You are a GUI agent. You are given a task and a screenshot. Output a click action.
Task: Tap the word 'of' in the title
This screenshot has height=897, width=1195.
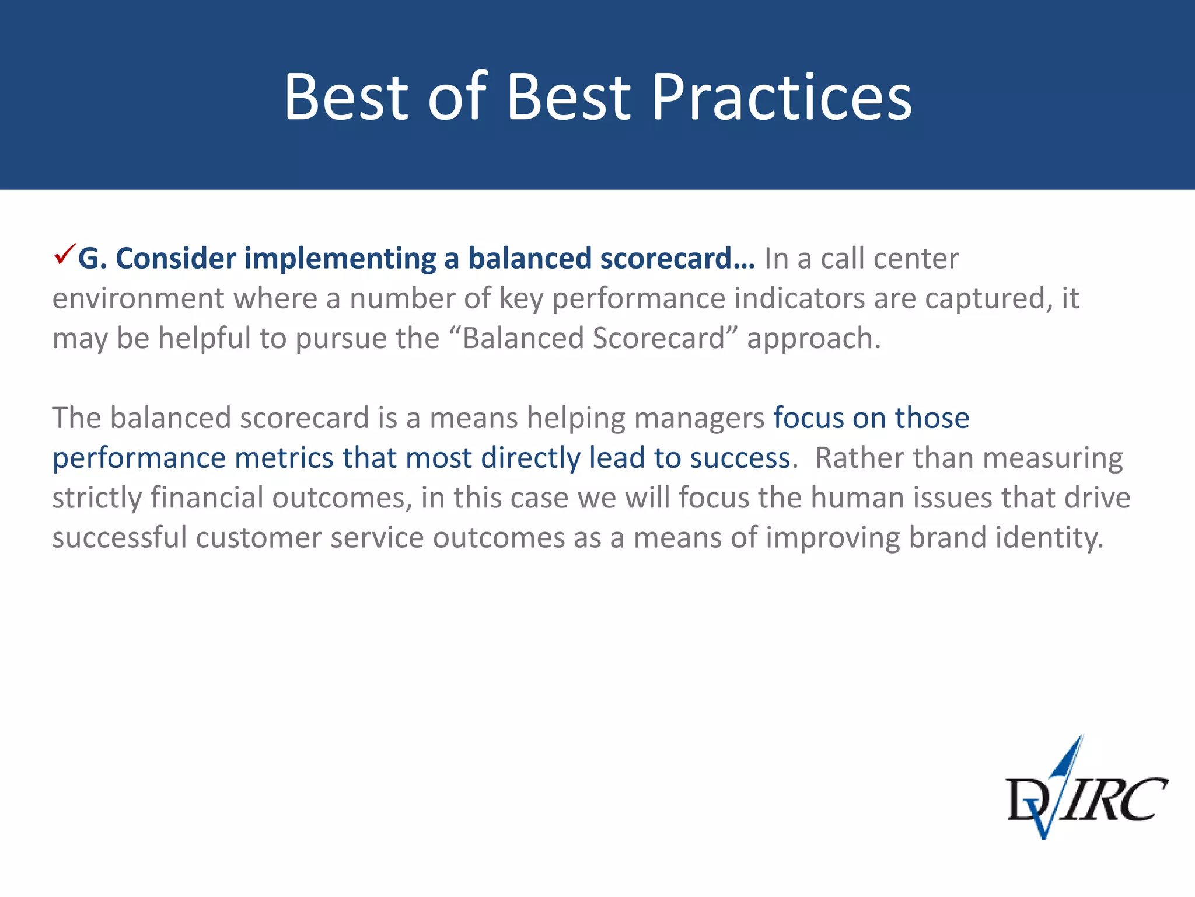[x=457, y=98]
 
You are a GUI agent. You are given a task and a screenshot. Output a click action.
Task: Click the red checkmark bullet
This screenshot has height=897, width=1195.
[x=64, y=255]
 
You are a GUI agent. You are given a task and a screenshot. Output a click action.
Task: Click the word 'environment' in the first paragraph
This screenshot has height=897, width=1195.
[x=138, y=299]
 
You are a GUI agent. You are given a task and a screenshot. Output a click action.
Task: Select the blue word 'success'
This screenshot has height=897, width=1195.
[x=740, y=458]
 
